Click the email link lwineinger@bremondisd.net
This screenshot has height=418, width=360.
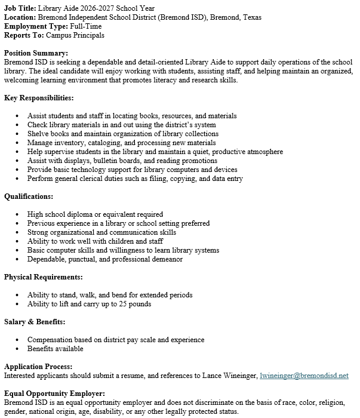tap(304, 376)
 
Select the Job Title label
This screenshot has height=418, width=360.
tap(20, 8)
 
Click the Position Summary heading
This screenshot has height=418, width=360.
tap(36, 53)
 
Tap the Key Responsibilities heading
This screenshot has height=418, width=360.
tap(39, 98)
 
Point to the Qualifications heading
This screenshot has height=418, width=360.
tap(29, 196)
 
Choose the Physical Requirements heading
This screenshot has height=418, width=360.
tap(43, 277)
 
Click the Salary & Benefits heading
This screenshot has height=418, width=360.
tap(34, 322)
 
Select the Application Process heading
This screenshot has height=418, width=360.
tap(38, 367)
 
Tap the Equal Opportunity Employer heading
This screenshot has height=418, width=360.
tap(54, 394)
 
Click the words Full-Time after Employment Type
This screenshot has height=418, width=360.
tap(86, 26)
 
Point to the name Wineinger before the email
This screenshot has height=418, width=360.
tap(239, 376)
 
